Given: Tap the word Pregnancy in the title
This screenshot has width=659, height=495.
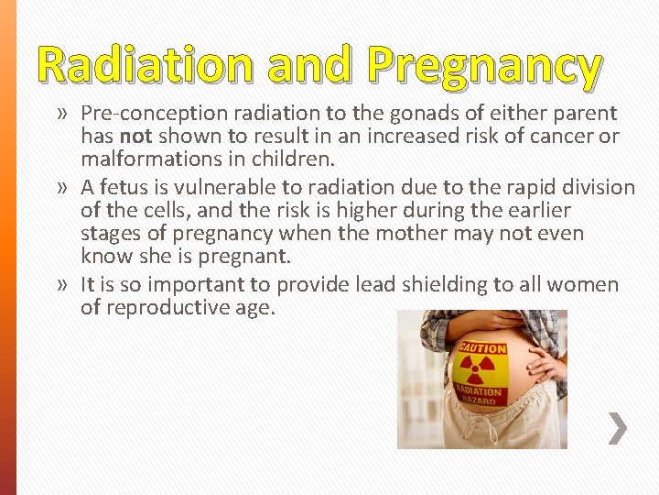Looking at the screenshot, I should (483, 68).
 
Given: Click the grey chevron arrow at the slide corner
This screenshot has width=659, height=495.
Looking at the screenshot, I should (619, 428).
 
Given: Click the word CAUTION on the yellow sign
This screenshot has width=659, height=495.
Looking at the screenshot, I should (481, 348).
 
